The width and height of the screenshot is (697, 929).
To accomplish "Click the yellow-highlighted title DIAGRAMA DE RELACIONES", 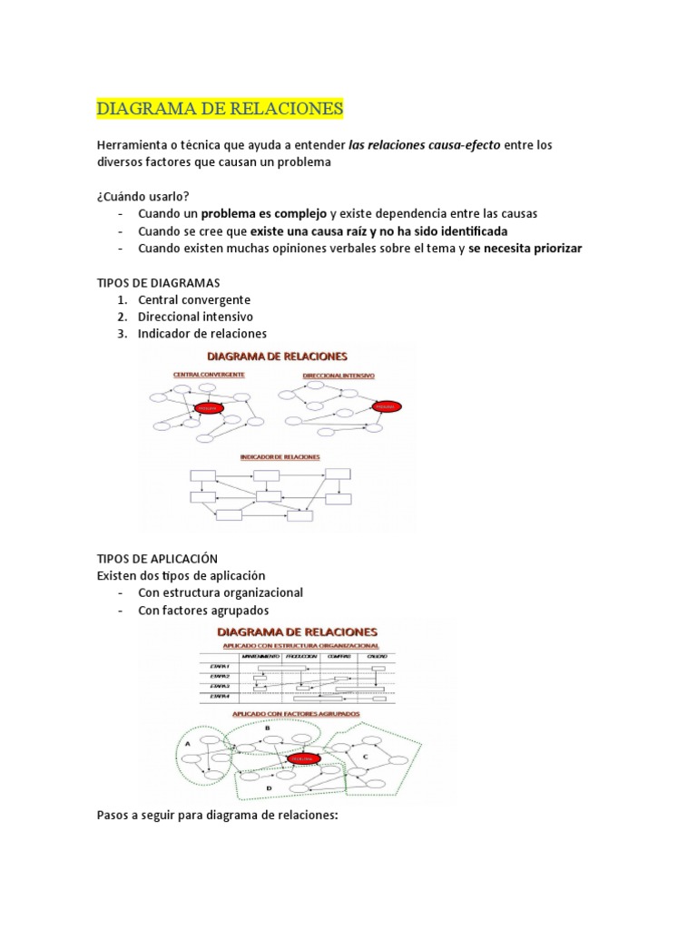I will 220,109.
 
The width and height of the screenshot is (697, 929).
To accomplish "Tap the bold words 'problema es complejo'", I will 263,214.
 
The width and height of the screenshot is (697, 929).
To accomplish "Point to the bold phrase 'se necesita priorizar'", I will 525,249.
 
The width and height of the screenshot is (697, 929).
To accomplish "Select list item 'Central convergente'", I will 194,299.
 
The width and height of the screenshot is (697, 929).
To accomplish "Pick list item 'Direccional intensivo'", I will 195,317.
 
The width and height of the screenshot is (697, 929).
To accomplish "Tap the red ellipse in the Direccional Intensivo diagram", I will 386,408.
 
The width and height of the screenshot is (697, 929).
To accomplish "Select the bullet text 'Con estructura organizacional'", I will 221,592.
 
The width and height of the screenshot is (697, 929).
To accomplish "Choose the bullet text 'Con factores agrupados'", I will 203,610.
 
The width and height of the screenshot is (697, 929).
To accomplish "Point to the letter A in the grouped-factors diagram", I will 187,743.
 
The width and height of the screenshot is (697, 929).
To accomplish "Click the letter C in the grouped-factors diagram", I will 365,756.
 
